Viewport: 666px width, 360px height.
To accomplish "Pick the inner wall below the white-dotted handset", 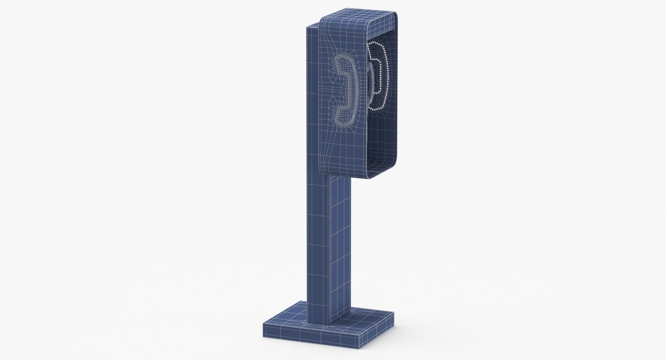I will click(382, 139).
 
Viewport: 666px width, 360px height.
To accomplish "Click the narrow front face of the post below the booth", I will click(317, 243).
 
